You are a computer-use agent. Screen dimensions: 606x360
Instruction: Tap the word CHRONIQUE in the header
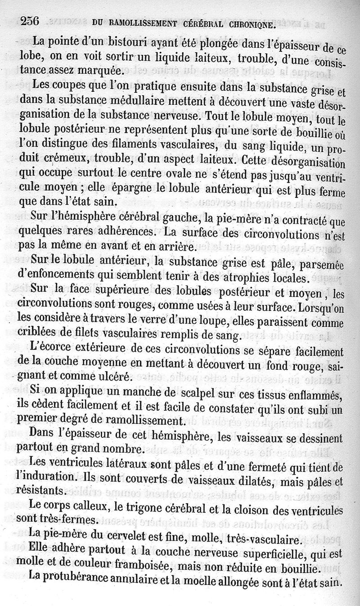tap(253, 25)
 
